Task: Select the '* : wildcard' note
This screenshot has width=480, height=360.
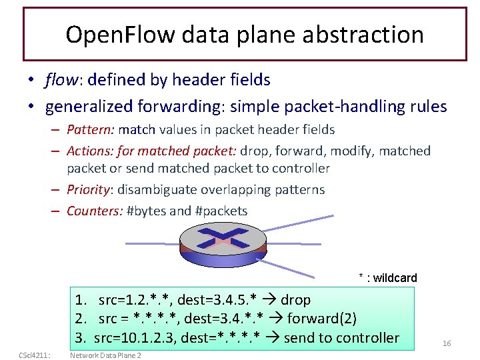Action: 387,278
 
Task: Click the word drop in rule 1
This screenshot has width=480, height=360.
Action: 295,300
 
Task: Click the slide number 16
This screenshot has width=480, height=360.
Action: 447,343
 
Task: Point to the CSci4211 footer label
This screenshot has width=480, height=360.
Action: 30,355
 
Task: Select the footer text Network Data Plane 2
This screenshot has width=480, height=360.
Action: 105,355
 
